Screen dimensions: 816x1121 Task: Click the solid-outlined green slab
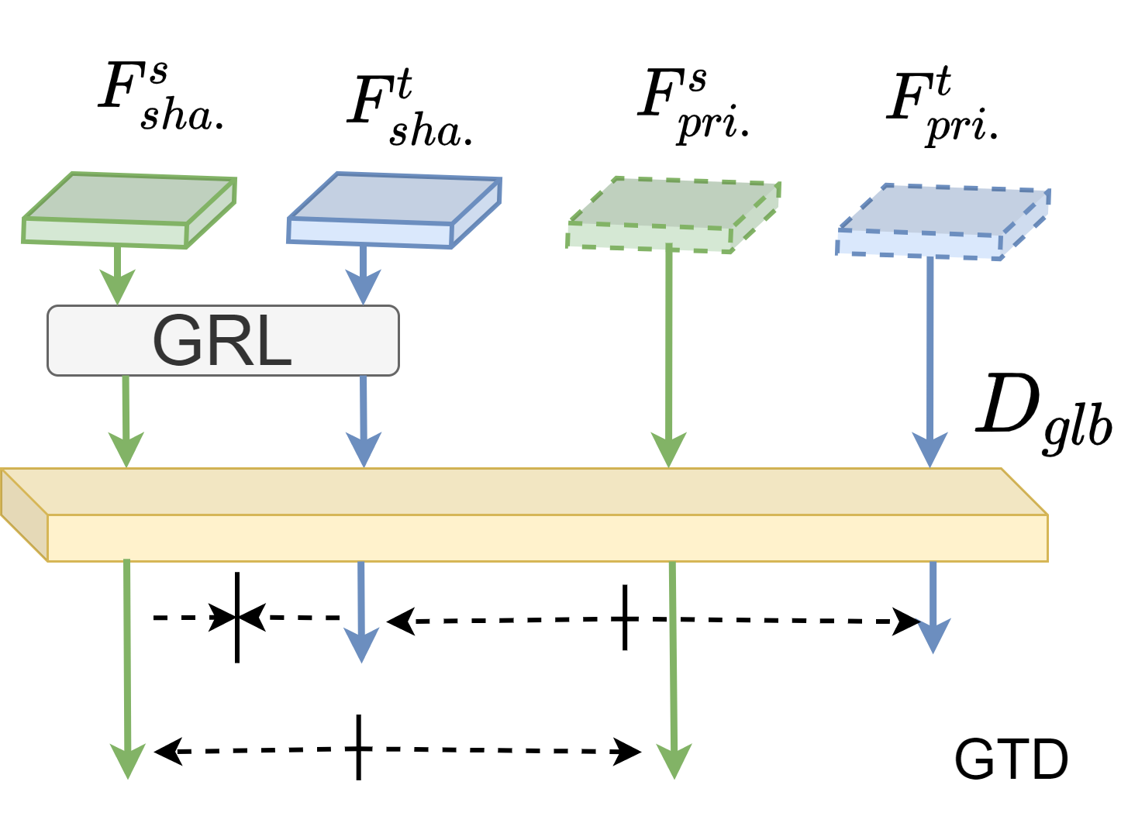pos(129,209)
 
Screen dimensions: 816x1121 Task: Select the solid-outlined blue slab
pos(394,209)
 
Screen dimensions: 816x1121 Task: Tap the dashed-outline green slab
pos(673,215)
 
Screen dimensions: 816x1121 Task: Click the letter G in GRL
pos(178,341)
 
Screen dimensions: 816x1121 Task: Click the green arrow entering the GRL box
pos(117,276)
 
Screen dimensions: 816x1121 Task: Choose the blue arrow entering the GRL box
pos(362,276)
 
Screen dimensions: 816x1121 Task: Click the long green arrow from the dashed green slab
pos(668,349)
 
